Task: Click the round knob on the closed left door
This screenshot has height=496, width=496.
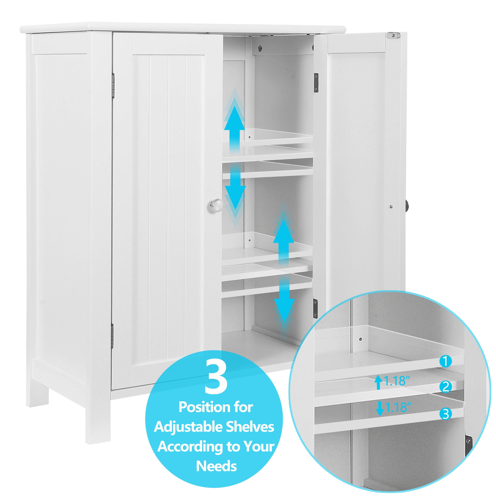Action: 216,205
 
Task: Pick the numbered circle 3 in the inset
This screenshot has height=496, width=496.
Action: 445,414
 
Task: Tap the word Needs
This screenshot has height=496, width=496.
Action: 216,466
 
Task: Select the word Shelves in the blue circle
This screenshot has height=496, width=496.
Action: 246,427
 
